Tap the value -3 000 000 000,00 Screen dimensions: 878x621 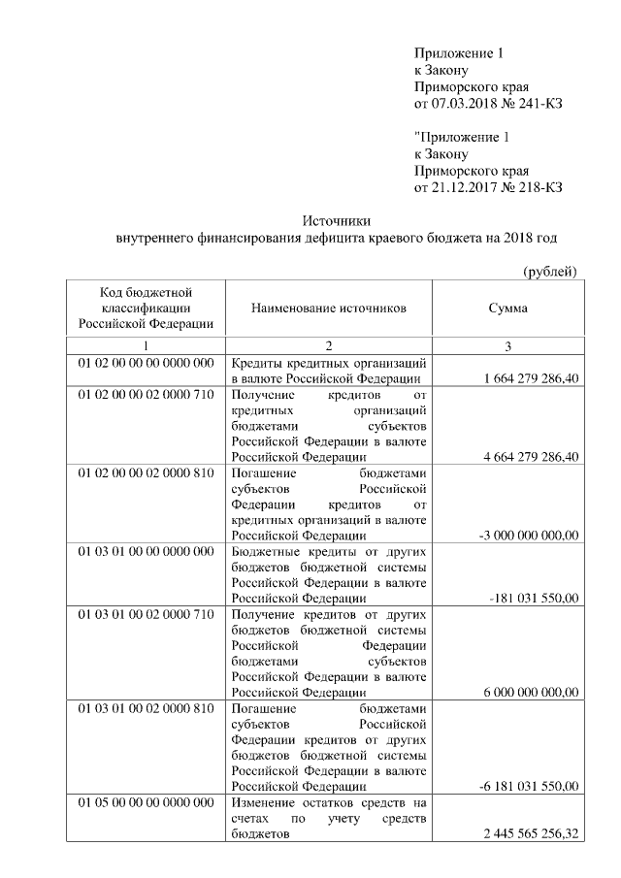[x=529, y=535]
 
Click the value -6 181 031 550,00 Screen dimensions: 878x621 [x=529, y=786]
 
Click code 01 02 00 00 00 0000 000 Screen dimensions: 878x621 [x=146, y=363]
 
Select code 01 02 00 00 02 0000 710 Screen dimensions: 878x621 [x=146, y=394]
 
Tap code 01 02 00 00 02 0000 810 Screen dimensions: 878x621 [x=146, y=472]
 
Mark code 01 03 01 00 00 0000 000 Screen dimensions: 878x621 [x=146, y=551]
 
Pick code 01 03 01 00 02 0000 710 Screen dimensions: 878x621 [x=146, y=614]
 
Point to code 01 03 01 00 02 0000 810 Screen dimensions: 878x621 [x=146, y=708]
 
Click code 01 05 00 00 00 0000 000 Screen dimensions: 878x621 [x=146, y=802]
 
